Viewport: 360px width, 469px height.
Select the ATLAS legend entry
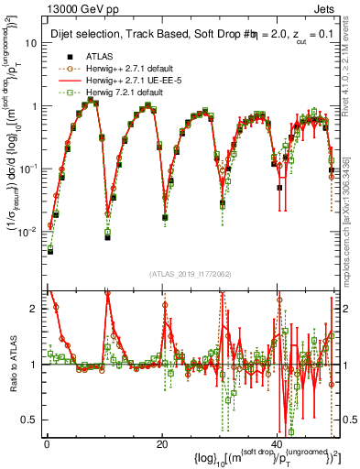(x=100, y=56)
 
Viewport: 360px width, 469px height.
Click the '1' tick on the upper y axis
(x=35, y=106)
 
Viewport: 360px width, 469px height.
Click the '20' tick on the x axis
(x=162, y=442)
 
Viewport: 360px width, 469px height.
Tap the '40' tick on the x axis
(x=277, y=442)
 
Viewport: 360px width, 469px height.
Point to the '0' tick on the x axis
(x=47, y=442)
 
